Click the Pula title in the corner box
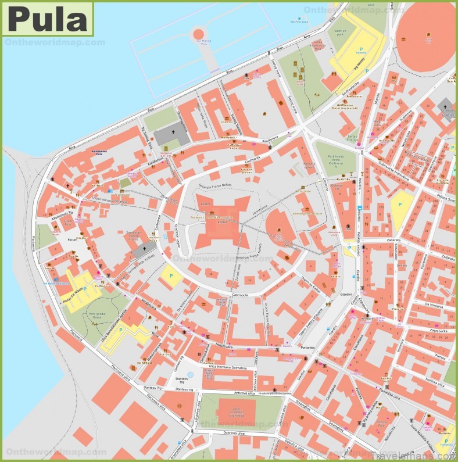pos(48,19)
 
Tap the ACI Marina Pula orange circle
pos(199,34)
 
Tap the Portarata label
pos(307,347)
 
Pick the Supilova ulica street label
pos(434,383)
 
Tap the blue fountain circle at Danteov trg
pos(189,375)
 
